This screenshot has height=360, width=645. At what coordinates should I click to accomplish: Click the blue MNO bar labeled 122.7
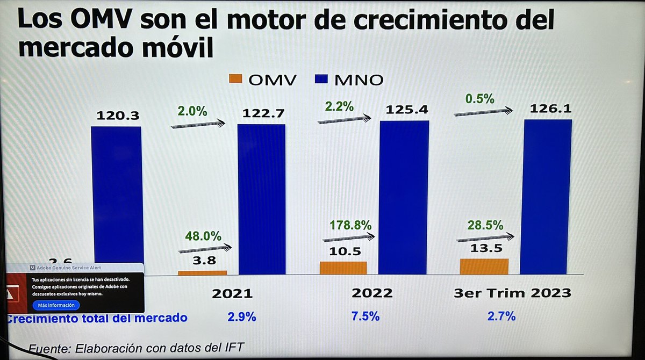pos(262,199)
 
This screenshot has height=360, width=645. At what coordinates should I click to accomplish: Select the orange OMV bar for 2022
pos(343,268)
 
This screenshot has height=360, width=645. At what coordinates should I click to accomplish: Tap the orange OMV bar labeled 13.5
pos(484,267)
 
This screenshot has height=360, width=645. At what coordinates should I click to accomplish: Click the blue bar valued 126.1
pos(547,196)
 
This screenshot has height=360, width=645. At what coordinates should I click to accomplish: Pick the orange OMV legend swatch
pos(236,80)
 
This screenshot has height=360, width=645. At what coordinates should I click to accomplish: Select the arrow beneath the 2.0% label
pos(198,124)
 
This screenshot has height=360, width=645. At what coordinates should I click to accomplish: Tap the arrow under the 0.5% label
pos(483,112)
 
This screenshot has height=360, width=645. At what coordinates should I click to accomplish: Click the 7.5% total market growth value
pos(365,316)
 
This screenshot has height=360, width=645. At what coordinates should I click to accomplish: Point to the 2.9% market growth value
pos(241,316)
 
